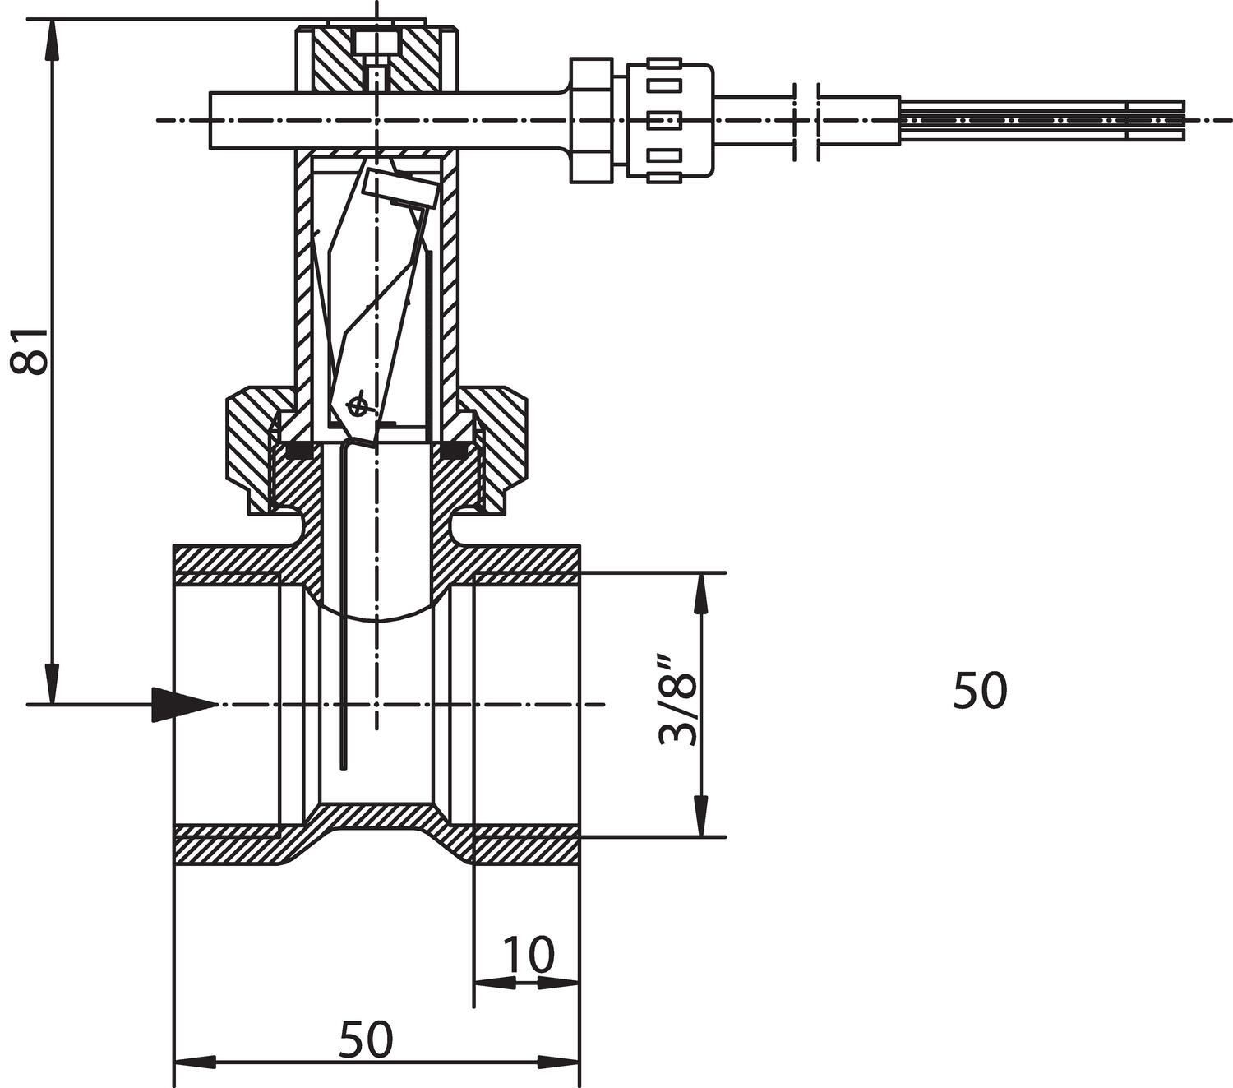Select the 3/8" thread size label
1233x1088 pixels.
pos(678,701)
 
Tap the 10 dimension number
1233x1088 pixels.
pos(528,955)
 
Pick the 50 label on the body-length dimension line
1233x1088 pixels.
pos(366,1039)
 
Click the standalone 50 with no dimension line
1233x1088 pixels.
pos(979,691)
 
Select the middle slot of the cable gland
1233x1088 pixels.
pos(666,120)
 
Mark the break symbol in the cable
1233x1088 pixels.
pos(806,121)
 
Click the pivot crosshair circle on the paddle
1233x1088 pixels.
pos(357,405)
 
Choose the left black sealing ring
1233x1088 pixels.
pos(297,451)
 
